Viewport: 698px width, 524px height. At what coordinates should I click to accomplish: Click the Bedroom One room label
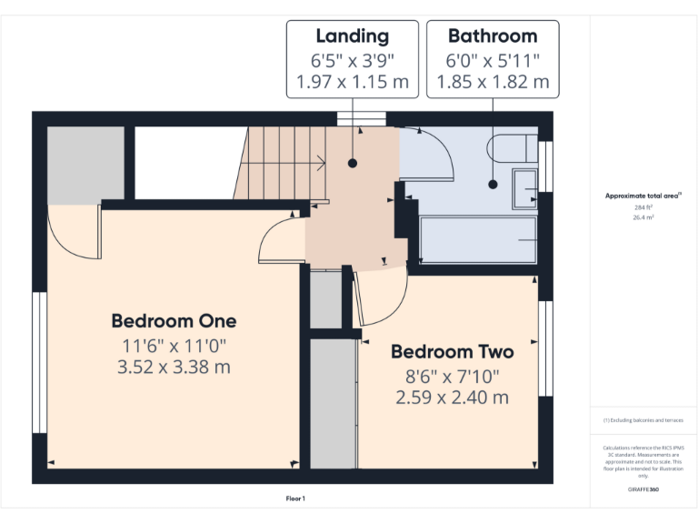tap(174, 321)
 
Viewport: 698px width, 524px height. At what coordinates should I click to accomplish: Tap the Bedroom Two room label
tap(452, 352)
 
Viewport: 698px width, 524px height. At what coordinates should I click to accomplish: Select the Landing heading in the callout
tap(352, 36)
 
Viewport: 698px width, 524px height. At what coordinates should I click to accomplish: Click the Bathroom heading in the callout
tap(493, 36)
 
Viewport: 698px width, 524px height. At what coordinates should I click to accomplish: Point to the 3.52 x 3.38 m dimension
tap(174, 368)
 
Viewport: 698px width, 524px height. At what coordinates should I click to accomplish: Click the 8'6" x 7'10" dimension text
tap(452, 376)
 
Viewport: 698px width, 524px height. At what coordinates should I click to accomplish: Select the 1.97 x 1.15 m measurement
tap(352, 82)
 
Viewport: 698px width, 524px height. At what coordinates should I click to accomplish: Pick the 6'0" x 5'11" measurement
tap(493, 60)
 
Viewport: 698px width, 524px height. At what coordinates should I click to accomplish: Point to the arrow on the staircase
tap(321, 164)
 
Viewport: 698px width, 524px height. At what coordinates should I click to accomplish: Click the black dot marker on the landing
tap(352, 164)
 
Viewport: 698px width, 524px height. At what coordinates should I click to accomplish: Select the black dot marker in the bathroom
tap(493, 184)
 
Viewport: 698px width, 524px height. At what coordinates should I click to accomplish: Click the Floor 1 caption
tap(295, 499)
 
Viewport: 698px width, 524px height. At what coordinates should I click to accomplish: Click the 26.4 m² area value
tap(643, 217)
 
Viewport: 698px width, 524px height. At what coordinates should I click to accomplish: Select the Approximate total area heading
tap(643, 196)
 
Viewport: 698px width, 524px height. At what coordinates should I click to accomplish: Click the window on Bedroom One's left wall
tap(39, 361)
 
